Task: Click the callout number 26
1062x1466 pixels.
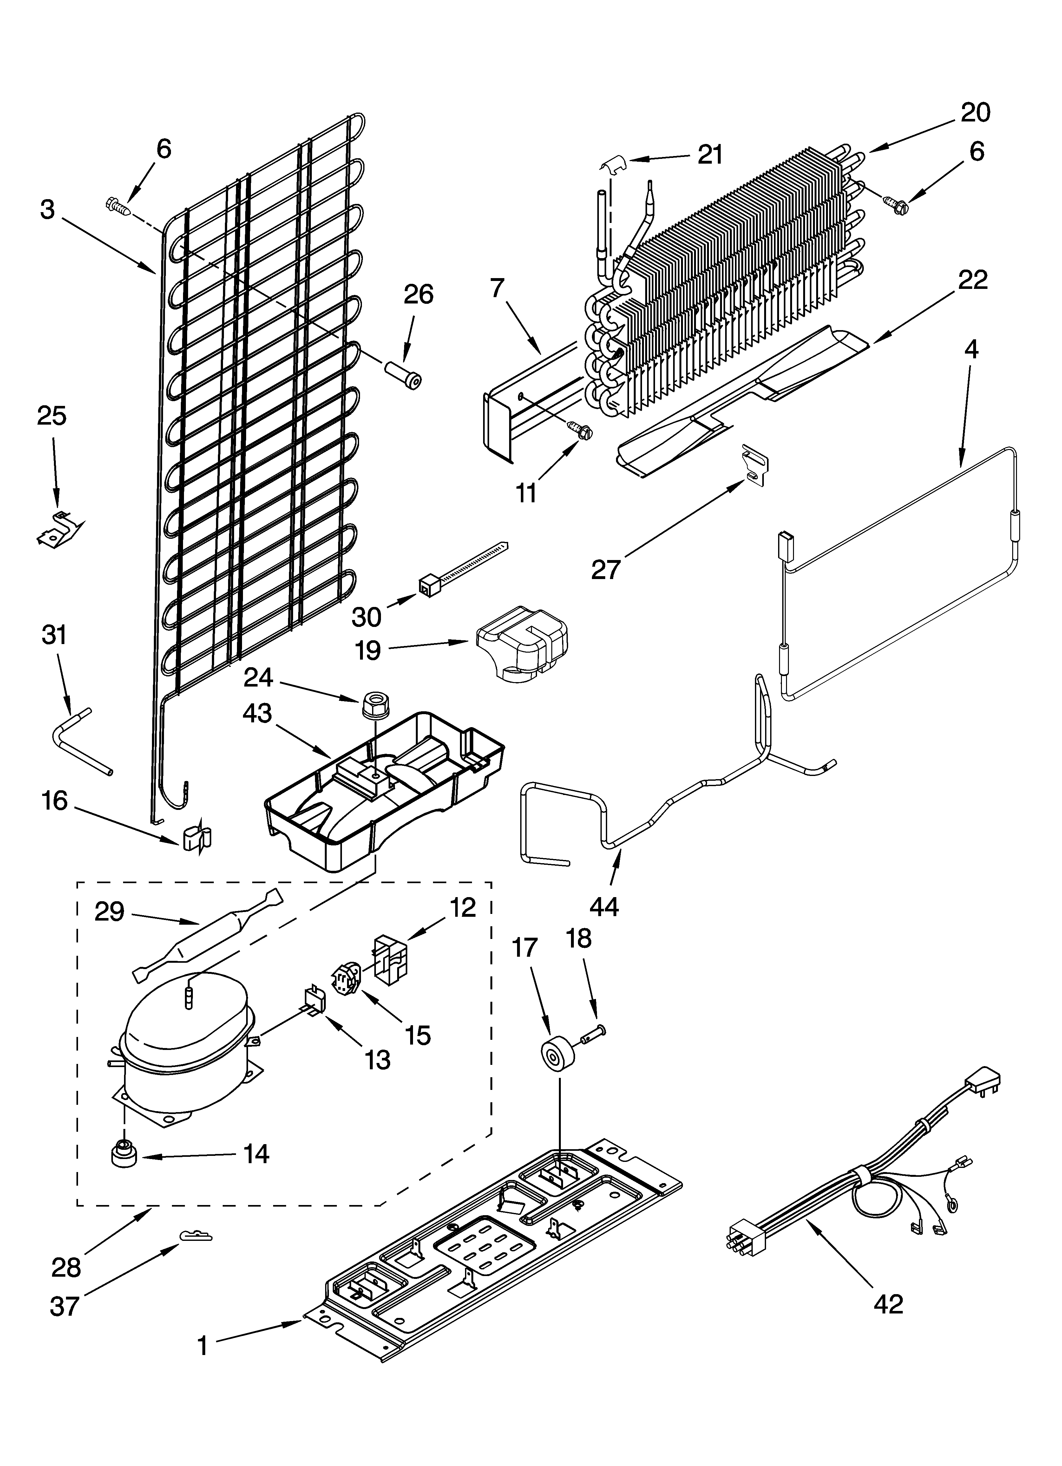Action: (x=418, y=295)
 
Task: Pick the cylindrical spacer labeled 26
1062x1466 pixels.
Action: (x=402, y=375)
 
